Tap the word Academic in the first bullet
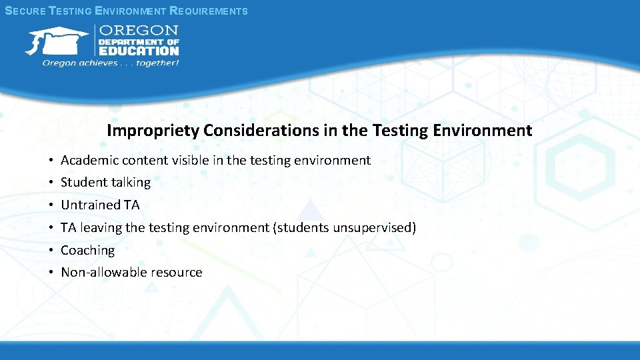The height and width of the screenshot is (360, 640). point(87,160)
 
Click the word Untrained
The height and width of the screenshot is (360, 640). point(91,205)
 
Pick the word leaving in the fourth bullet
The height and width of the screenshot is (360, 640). point(101,227)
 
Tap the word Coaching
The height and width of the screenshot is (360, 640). point(88,251)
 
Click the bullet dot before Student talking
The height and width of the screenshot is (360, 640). point(51,183)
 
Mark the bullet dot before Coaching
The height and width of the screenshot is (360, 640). point(51,251)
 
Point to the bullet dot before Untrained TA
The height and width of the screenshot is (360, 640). point(51,205)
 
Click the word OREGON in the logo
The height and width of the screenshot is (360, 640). point(139,31)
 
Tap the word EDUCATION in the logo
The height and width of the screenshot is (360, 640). point(139,51)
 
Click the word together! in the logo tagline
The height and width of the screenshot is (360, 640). point(158,63)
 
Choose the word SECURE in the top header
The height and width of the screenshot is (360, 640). point(25,11)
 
